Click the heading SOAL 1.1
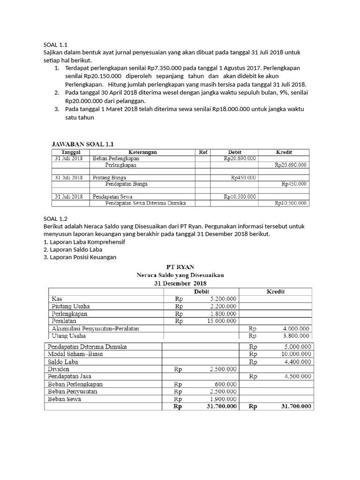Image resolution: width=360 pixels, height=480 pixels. (x=55, y=45)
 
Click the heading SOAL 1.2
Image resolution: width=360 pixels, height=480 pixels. (x=55, y=218)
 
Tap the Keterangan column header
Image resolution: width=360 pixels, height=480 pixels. (x=142, y=152)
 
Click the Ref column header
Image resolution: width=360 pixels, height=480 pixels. (x=203, y=152)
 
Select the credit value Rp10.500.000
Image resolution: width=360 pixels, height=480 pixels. (x=291, y=203)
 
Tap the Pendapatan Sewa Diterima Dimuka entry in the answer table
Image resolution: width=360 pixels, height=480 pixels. (x=146, y=203)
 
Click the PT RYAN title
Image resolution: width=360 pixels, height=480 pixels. (x=180, y=267)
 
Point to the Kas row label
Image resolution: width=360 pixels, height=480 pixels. (x=57, y=298)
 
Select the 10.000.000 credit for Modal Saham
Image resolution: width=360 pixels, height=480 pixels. (x=296, y=354)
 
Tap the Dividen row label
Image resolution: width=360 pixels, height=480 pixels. (x=59, y=369)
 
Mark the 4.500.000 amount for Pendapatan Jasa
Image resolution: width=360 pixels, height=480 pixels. (x=297, y=376)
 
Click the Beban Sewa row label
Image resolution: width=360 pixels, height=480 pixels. (x=64, y=399)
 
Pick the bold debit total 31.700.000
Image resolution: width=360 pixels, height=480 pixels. (x=222, y=406)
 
